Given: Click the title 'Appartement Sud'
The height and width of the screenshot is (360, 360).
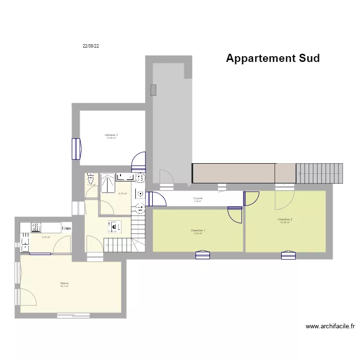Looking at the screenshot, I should coord(273,59).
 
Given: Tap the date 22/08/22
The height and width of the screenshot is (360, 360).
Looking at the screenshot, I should coord(91,46).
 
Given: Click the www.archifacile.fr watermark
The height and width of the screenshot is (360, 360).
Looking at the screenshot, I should coord(330,326).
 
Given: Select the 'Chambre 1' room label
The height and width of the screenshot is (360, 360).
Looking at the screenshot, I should coord(198,231).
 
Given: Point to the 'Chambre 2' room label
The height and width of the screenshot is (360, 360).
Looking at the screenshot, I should coord(285,220).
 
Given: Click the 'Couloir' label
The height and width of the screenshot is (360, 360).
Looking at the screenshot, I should coord(198,198).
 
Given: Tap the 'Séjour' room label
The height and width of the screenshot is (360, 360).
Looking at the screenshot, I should coord(64,284).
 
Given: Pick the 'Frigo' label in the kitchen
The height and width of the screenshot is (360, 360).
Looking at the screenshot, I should coord(67,228).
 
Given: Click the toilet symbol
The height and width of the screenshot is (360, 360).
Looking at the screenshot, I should coord(90,180).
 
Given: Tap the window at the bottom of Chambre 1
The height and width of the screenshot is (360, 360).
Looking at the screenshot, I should coord(202,254).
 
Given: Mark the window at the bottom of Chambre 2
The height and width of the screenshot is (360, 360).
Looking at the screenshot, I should coord(288,254).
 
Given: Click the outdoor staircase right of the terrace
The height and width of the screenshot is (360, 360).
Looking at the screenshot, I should coord(320,174).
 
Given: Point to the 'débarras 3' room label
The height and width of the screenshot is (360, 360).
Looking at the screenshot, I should coord(111,135).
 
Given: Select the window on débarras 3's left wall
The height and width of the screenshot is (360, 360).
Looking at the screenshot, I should coord(76,148).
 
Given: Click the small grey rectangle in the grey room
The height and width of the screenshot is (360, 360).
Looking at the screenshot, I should coord(153,90).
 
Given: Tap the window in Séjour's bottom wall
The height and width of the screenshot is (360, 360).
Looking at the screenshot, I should coord(73,316).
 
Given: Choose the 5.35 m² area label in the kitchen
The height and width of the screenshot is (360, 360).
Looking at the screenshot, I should coord(46,237).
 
